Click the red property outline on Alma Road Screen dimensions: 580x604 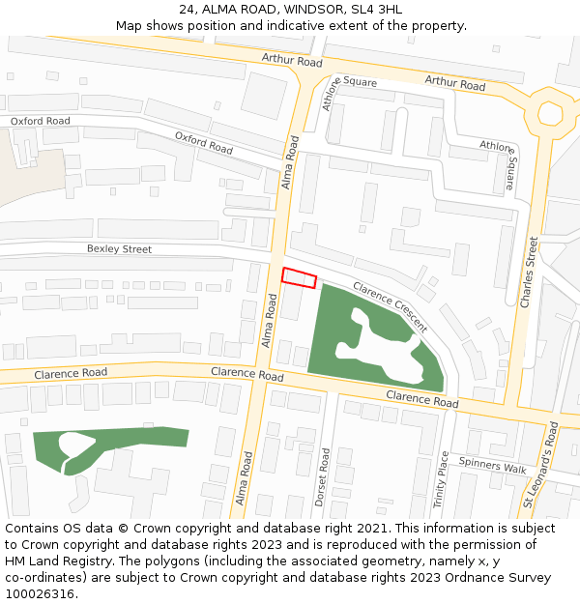tap(299, 277)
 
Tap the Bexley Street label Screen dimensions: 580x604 tap(119, 249)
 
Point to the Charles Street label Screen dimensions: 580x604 tap(528, 272)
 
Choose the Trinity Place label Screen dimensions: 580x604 tap(442, 479)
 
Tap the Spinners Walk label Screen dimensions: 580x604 tap(492, 467)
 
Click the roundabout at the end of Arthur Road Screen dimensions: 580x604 tap(552, 113)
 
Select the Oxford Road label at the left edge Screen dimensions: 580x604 tap(41, 122)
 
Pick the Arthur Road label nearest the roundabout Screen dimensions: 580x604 tap(455, 85)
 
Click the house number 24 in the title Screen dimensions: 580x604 tap(188, 10)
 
